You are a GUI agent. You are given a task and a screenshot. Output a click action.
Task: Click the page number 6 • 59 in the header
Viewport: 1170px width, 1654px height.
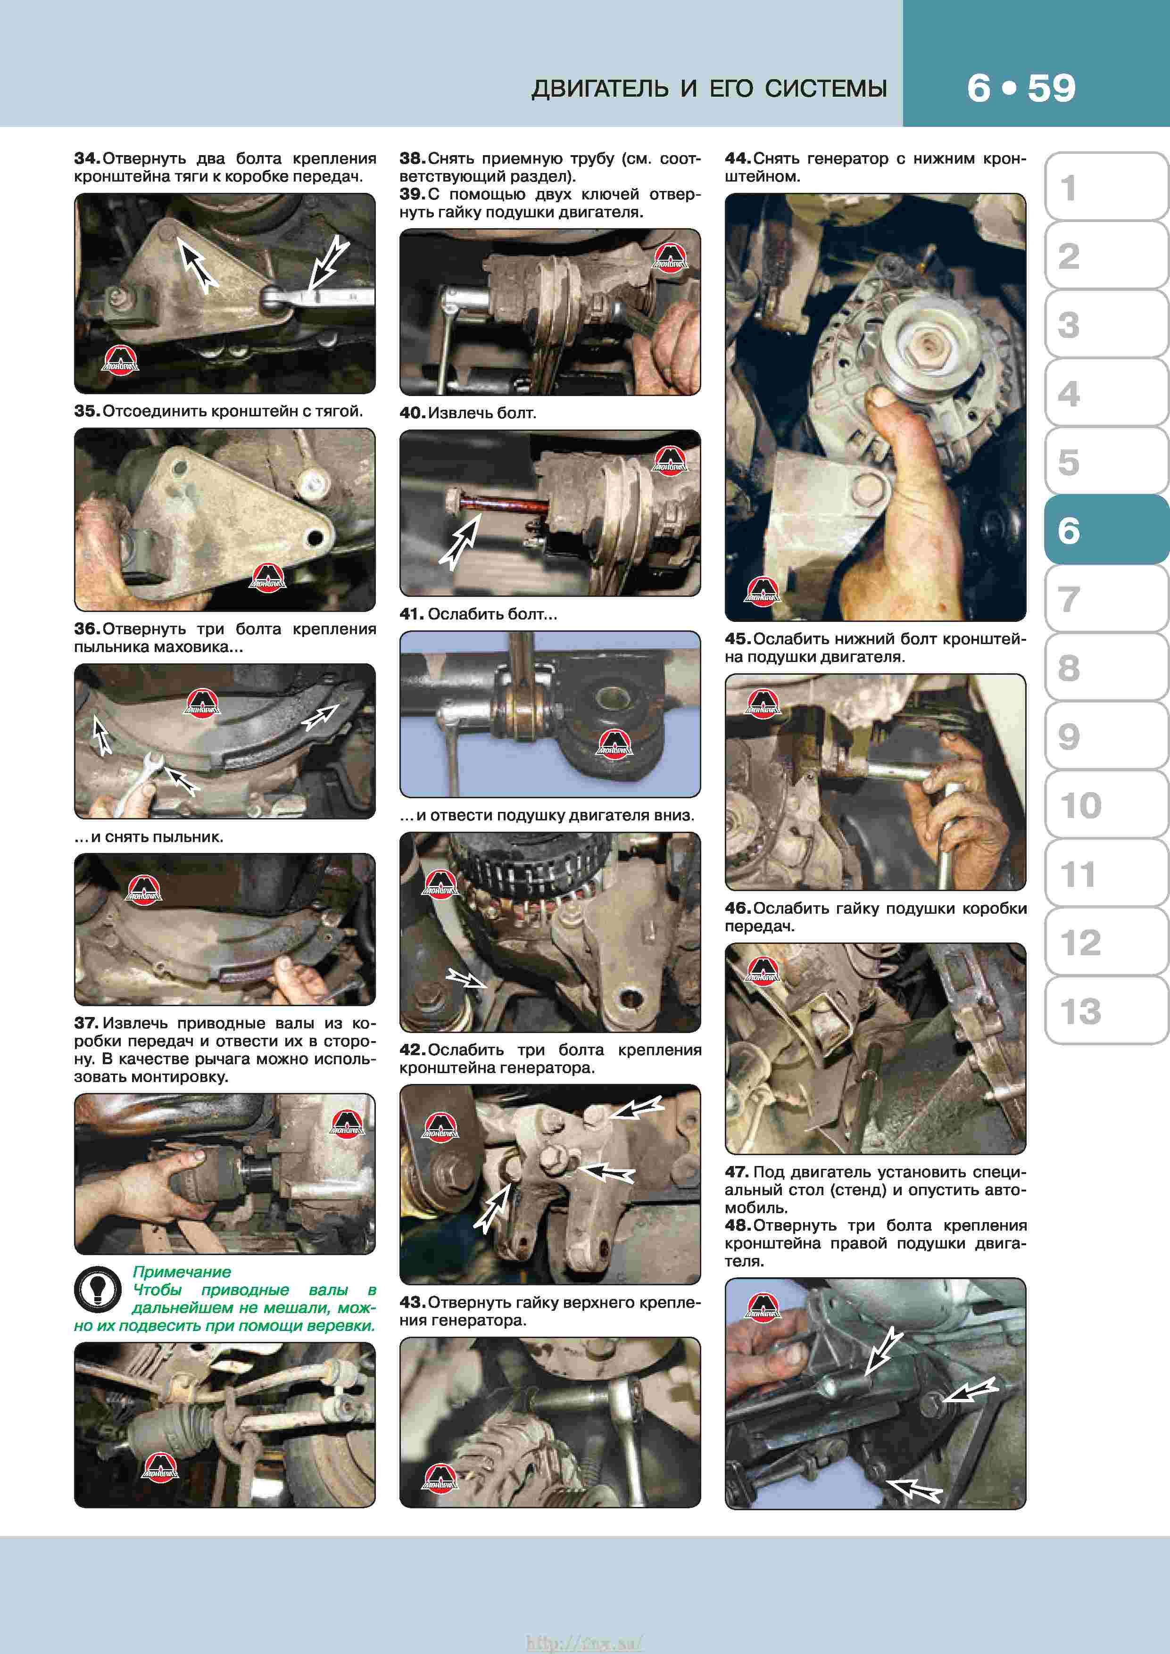coord(1021,88)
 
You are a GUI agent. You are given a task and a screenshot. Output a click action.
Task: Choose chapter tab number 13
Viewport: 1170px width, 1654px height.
coord(1105,1010)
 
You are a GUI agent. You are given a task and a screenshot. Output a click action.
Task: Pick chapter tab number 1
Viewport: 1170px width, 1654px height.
coord(1105,187)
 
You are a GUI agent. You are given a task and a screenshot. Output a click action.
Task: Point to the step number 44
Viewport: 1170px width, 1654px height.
coord(738,158)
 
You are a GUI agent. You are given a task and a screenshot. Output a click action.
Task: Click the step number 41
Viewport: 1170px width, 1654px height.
coord(411,614)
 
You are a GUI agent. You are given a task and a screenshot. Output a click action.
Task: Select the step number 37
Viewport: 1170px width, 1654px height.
coord(86,1023)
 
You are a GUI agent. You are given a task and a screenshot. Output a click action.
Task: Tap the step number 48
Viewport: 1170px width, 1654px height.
coord(738,1225)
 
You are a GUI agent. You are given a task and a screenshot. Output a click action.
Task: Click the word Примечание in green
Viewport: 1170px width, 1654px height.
coord(182,1272)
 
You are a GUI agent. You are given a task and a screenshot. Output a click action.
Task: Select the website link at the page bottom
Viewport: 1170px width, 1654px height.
coord(584,1643)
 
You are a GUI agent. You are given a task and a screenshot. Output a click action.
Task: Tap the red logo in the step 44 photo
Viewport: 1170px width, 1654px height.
coord(762,591)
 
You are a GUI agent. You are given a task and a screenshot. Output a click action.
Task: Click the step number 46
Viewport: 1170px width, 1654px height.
coord(738,909)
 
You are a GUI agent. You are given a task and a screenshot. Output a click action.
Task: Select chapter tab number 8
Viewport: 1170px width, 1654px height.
coord(1105,667)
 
